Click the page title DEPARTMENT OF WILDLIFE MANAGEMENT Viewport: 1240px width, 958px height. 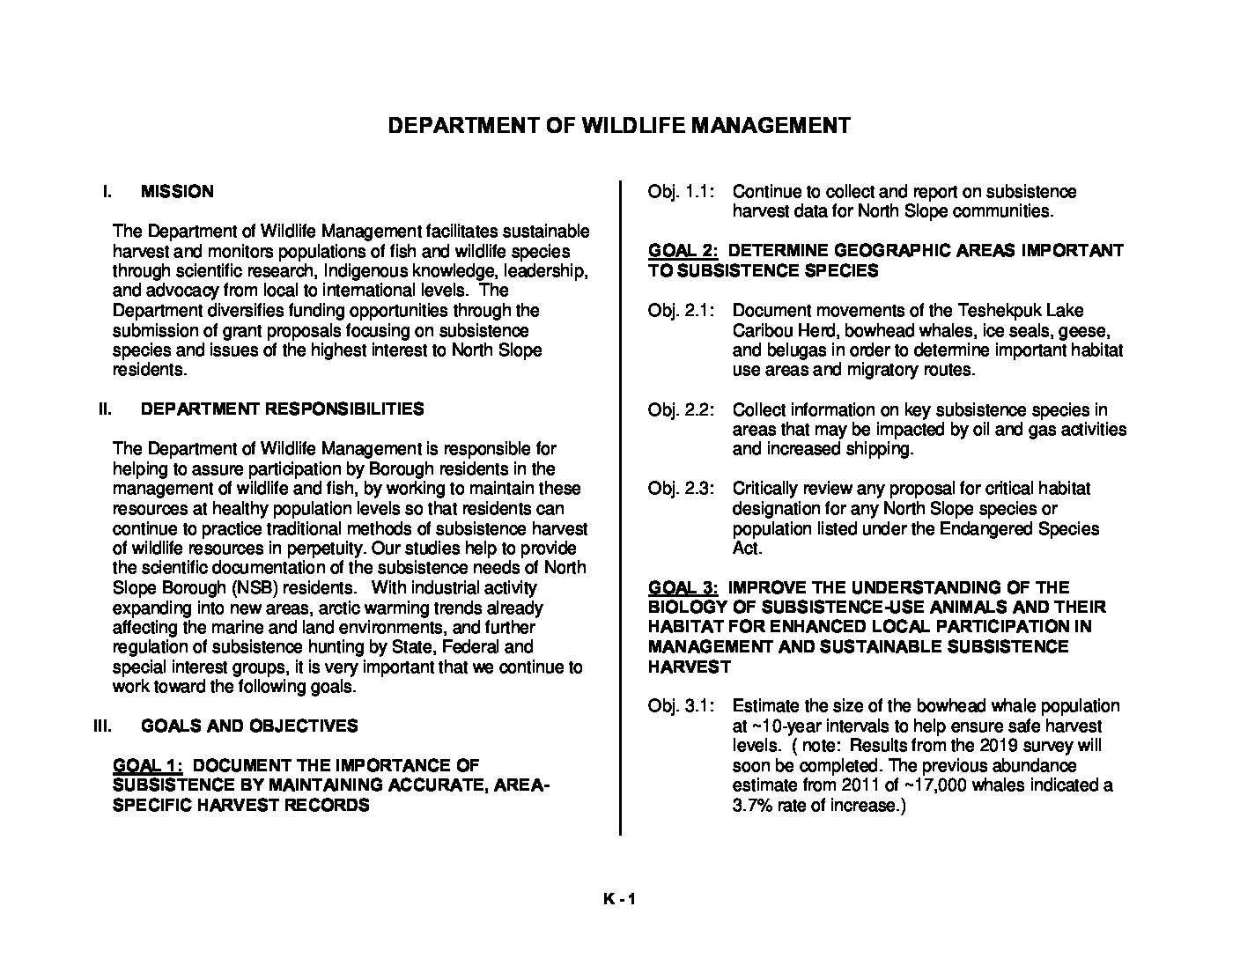point(619,126)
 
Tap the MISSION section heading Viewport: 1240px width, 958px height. point(176,192)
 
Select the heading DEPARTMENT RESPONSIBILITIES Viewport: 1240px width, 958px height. point(282,409)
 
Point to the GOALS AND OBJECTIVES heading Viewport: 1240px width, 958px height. point(249,726)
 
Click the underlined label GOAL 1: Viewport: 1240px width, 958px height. point(147,766)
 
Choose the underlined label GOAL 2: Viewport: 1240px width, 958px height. point(683,251)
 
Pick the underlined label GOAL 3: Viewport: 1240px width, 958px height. point(683,587)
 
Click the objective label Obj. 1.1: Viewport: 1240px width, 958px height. point(681,192)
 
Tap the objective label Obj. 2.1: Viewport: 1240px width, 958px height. point(681,311)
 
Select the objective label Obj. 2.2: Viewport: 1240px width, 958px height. point(681,410)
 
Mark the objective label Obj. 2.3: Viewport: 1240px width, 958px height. point(681,489)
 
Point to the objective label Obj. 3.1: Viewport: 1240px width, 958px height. point(681,706)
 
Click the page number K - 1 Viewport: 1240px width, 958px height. point(619,899)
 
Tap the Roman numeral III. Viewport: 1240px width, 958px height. point(102,726)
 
